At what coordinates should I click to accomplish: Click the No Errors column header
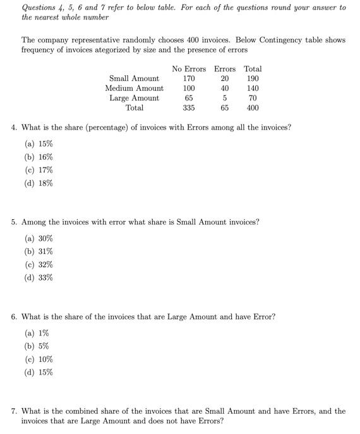tap(188, 69)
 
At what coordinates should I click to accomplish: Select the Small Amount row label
tap(134, 79)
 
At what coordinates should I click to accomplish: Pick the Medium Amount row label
tap(134, 88)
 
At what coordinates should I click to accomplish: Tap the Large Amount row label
tap(134, 98)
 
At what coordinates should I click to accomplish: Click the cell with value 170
tap(188, 79)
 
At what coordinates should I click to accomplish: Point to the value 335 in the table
tap(188, 108)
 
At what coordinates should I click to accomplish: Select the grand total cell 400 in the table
tap(253, 108)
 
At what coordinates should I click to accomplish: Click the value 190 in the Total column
tap(253, 79)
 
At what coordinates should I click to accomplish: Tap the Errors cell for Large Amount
tap(225, 98)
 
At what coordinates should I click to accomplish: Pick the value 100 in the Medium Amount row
tap(188, 88)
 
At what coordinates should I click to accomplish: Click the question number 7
tap(14, 411)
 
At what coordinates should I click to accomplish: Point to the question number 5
tap(14, 222)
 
